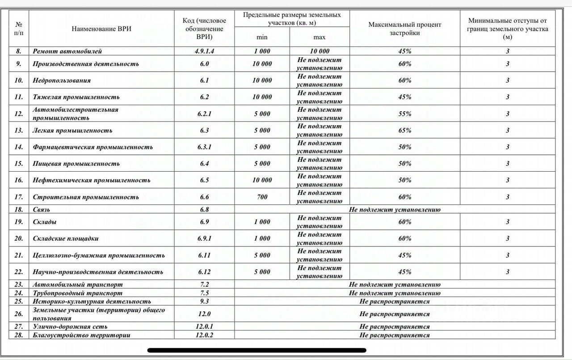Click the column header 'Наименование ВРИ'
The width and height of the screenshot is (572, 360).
point(101,29)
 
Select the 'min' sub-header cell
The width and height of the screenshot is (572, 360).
point(262,37)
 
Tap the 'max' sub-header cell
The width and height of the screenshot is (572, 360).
point(319,37)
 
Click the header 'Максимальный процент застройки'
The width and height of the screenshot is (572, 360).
point(404,29)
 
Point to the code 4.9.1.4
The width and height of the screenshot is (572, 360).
point(204,51)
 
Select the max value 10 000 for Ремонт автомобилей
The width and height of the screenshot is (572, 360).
point(319,51)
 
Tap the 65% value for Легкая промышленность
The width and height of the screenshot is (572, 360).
point(404,131)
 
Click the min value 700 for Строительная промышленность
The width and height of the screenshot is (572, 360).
point(262,197)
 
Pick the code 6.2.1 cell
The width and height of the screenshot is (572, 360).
point(204,114)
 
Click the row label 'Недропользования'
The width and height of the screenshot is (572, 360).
point(62,80)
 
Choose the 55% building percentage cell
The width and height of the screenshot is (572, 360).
point(404,114)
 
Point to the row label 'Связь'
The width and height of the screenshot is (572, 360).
point(41,209)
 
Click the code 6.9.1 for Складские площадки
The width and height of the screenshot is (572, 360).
point(204,238)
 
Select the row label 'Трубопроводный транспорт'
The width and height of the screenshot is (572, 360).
point(77,293)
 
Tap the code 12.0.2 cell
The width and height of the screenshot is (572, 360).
point(204,335)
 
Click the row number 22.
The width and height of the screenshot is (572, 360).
point(19,272)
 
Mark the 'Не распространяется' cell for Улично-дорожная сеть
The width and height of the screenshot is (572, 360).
point(395,327)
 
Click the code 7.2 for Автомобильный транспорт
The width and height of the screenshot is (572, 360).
point(204,284)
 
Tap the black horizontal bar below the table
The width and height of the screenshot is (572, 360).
point(257,351)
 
